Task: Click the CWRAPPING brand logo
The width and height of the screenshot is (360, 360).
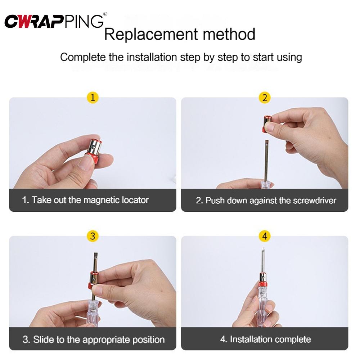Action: (x=54, y=21)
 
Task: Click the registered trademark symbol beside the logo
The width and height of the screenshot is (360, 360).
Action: (x=105, y=14)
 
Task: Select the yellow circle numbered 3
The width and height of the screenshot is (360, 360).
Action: (x=93, y=236)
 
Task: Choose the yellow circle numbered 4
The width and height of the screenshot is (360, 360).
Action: (x=265, y=236)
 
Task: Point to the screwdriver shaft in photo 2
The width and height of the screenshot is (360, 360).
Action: (x=266, y=162)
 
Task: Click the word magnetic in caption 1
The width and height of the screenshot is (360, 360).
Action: (x=100, y=200)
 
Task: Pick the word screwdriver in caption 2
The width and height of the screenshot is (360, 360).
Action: (x=315, y=201)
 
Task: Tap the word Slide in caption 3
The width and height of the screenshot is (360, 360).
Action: (x=42, y=339)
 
